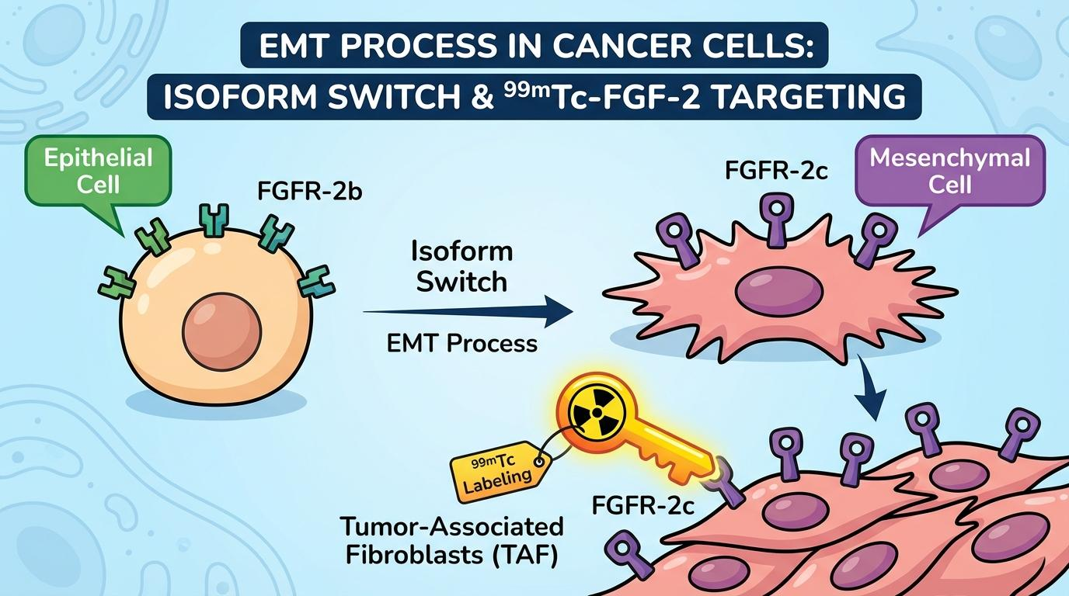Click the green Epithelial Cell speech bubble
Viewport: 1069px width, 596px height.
pyautogui.click(x=87, y=171)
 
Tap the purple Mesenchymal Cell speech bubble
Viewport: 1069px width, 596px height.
pyautogui.click(x=949, y=171)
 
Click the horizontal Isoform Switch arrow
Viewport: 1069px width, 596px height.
pyautogui.click(x=466, y=312)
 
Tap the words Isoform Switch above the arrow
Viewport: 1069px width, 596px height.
pyautogui.click(x=461, y=266)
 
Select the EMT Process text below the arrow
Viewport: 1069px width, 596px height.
pyautogui.click(x=461, y=342)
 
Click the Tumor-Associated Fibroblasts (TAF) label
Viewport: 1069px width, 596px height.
pyautogui.click(x=451, y=542)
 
